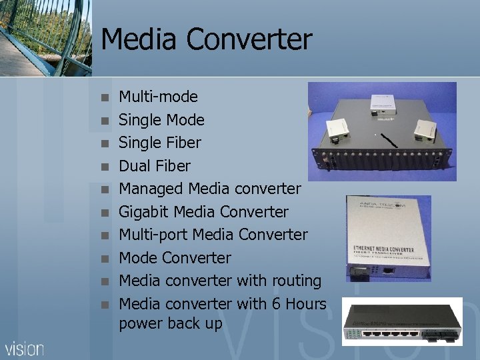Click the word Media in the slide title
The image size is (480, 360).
[x=139, y=39]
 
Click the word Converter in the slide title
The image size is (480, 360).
[x=249, y=39]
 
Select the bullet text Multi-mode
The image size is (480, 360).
[x=158, y=97]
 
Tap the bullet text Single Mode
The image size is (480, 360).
[x=161, y=120]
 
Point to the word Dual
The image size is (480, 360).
[x=135, y=166]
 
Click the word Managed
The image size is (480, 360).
[x=151, y=189]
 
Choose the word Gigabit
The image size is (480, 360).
[x=143, y=212]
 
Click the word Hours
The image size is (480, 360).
[x=307, y=304]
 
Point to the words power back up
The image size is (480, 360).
[x=170, y=324]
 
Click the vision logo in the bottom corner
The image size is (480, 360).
[x=25, y=348]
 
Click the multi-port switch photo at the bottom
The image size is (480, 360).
[x=401, y=321]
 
